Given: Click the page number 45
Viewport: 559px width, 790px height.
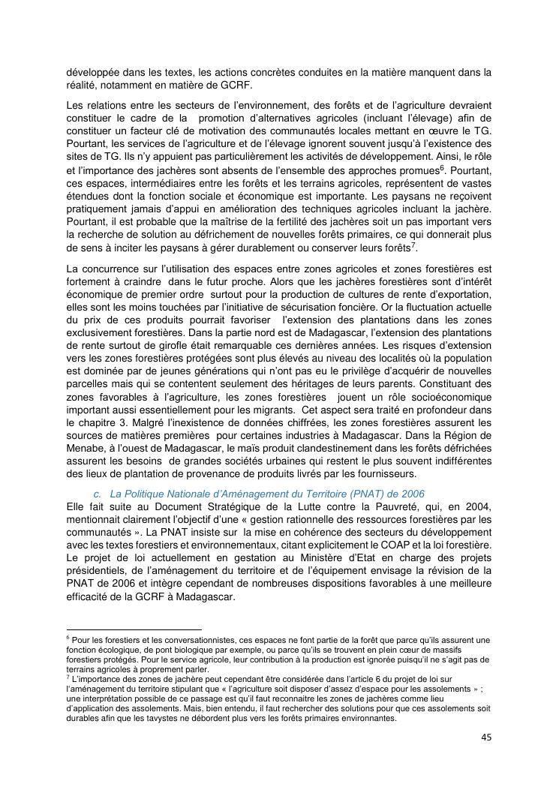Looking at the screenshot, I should (x=486, y=737).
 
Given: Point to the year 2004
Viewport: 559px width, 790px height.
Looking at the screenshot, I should (x=474, y=506).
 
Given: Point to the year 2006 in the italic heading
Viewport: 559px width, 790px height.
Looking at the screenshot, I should (x=410, y=494).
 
